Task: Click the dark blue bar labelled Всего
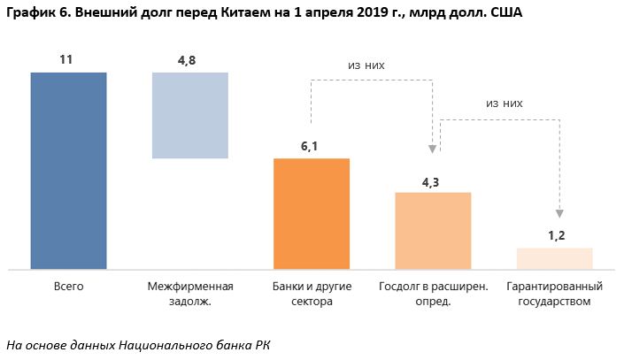(68, 170)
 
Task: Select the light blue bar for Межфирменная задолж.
(190, 115)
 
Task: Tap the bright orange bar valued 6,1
(312, 213)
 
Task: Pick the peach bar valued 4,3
(433, 230)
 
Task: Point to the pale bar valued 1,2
(554, 258)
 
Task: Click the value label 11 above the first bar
(65, 59)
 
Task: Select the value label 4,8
(189, 59)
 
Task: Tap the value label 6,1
(310, 146)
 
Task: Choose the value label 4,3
(432, 180)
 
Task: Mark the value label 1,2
(553, 236)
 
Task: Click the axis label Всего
(68, 287)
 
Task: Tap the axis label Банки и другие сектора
(312, 294)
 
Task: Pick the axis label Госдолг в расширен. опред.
(433, 294)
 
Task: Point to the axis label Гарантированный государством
(554, 294)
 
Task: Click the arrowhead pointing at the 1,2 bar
(559, 213)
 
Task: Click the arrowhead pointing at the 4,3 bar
(434, 149)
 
